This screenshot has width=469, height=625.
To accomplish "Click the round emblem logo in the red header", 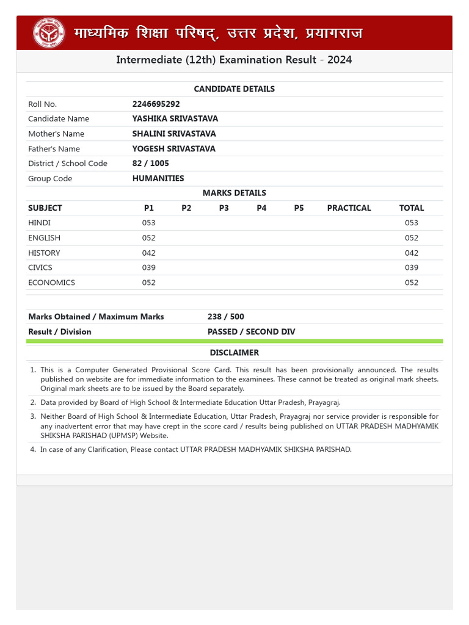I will [48, 33].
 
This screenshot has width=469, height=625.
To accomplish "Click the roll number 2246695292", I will [156, 104].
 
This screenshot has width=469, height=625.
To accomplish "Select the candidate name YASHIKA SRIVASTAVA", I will [175, 119].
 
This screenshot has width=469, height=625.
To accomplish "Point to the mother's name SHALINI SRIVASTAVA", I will [174, 134].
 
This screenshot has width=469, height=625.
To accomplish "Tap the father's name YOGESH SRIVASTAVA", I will [173, 149].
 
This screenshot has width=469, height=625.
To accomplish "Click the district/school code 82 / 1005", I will [150, 164].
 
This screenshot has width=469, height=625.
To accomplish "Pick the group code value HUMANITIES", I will [158, 179].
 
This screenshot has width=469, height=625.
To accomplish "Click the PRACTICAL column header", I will [349, 208].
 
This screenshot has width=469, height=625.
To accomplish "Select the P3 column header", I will [224, 208].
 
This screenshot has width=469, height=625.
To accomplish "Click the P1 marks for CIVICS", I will [149, 267].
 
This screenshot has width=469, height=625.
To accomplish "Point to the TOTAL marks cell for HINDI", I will [412, 223].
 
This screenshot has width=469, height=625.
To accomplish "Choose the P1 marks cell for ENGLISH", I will [149, 238].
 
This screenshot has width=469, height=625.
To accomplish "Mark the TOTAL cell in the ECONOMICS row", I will [412, 283].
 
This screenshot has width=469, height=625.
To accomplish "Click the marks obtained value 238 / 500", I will [225, 317].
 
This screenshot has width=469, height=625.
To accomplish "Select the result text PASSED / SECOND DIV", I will [251, 332].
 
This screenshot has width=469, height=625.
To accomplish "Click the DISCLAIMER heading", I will [234, 353].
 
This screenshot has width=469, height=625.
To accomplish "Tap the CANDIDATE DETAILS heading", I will [234, 89].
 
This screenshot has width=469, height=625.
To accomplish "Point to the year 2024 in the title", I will [339, 60].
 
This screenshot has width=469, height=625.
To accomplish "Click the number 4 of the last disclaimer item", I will [32, 450].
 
